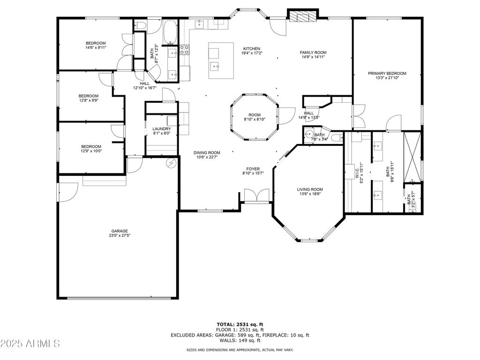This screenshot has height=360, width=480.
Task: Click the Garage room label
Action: coord(120,231)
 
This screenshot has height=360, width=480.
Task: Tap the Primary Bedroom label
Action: coord(387,74)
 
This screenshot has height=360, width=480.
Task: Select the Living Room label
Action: coord(310,189)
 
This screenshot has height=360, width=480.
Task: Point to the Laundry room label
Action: coord(162,129)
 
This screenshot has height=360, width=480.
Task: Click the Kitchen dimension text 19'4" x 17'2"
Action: coord(252,53)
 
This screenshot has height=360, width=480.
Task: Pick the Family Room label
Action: coord(313,52)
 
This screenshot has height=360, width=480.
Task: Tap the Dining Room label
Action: coord(207,153)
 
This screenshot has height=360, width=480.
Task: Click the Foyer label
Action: coord(253,169)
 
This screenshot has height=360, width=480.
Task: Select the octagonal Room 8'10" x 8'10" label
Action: coord(255,115)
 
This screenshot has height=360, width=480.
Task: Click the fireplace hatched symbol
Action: coord(302,17)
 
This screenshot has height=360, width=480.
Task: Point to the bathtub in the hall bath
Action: coord(170,32)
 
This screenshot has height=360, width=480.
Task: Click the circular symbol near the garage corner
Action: coord(171,164)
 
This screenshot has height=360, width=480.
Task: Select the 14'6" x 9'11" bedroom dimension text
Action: coord(96,47)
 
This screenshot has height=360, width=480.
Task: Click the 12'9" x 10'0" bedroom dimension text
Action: coord(91,151)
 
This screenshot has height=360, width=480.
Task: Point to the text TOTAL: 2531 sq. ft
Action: coord(240,324)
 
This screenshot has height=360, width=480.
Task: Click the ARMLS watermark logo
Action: coord(30,344)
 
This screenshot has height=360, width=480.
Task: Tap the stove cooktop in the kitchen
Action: coord(184,50)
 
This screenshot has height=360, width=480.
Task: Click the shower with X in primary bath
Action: coord(412,157)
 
